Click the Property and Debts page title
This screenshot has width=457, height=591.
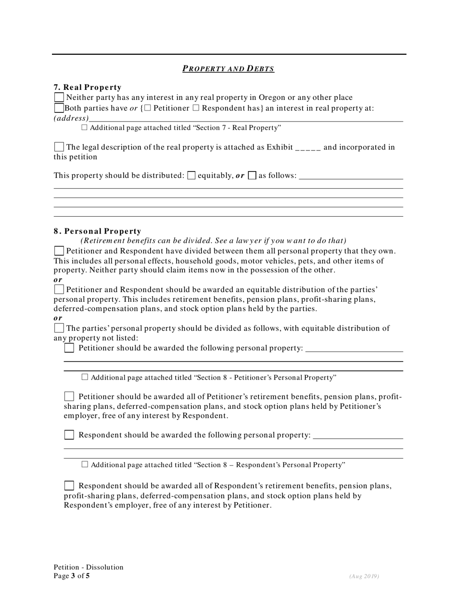coord(228,68)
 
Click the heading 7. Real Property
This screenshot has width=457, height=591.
coord(88,87)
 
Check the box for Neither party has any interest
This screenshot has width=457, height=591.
coord(59,98)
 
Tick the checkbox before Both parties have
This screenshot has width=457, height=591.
coord(59,108)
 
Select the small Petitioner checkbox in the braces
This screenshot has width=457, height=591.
coord(147,108)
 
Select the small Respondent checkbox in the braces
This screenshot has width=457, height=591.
coord(196,108)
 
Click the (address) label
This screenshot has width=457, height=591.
coord(71,118)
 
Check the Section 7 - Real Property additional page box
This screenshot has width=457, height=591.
coord(85,128)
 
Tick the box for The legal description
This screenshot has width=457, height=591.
coord(59,147)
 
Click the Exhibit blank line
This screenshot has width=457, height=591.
coord(308,148)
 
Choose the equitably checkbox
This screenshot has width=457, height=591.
coord(191,175)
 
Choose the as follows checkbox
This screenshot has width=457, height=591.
coord(252,175)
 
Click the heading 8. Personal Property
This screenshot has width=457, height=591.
coord(98,231)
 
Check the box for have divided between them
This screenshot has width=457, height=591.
coord(59,251)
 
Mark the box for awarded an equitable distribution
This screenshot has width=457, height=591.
coord(59,290)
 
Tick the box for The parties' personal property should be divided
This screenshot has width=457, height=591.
coord(59,329)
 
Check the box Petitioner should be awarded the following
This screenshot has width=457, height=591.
coord(69,348)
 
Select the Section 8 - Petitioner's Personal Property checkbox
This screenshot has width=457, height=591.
coord(85,377)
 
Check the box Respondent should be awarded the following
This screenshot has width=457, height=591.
coord(69,435)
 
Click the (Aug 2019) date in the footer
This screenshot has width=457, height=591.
coord(364,576)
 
